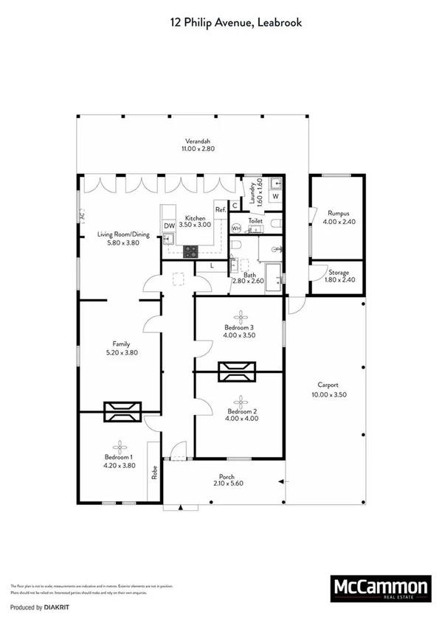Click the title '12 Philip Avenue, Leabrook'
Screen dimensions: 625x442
coord(235,23)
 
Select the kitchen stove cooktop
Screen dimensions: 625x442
coord(191,250)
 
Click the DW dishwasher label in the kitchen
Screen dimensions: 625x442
coord(168,226)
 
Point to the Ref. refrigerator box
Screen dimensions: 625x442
coord(220,210)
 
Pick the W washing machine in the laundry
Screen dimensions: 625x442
coord(274,197)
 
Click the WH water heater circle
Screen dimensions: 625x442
coord(236,228)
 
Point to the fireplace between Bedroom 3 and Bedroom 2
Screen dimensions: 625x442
coord(238,373)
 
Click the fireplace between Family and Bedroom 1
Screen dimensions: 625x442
coord(121,412)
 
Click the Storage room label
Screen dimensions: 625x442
coord(339,273)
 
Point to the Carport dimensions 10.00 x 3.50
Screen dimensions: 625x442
coord(328,394)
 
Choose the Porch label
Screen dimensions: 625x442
coord(227,476)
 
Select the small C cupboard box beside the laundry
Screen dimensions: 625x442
coord(235,206)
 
